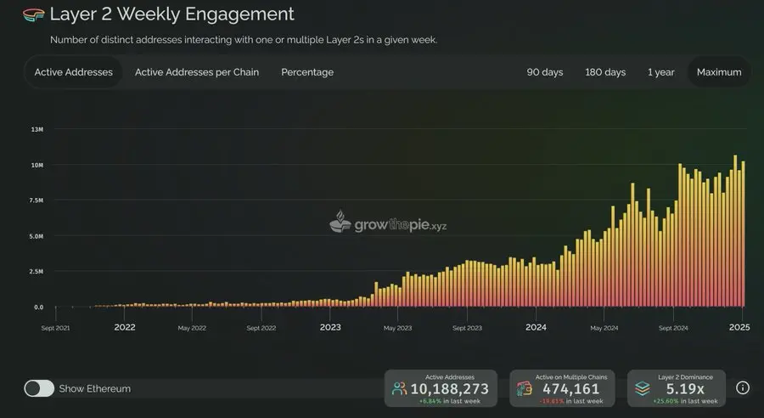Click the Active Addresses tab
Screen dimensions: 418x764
click(x=73, y=72)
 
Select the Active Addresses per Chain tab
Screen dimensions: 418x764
click(x=197, y=72)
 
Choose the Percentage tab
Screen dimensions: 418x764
click(x=307, y=72)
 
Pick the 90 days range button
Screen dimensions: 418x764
click(x=545, y=72)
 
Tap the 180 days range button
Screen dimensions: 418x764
click(x=605, y=72)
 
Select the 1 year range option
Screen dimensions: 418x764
click(x=660, y=72)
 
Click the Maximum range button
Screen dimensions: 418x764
click(x=719, y=72)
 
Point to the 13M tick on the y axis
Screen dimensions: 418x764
click(x=37, y=129)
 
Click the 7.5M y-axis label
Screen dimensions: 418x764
click(x=37, y=201)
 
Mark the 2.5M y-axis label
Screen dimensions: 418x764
click(x=37, y=272)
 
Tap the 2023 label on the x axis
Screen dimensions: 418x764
click(x=330, y=327)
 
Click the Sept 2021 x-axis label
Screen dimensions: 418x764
click(x=56, y=327)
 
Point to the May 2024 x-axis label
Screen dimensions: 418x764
click(x=604, y=327)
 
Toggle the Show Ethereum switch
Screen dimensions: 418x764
click(x=39, y=388)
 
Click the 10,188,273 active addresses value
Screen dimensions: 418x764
click(x=449, y=389)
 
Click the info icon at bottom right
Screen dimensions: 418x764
click(x=743, y=387)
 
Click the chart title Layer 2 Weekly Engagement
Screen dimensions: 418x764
click(x=171, y=14)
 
